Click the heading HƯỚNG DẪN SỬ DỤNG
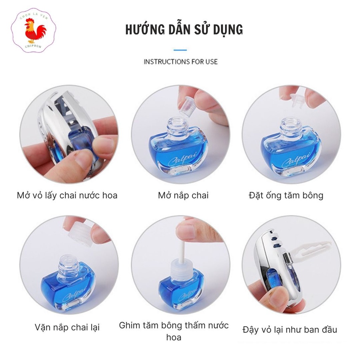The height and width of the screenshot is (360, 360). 184,30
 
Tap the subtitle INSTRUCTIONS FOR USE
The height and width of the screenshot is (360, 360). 180,62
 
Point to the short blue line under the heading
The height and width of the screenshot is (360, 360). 180,50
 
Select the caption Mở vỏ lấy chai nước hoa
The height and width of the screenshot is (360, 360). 67,195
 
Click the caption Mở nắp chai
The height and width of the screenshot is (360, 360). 183,195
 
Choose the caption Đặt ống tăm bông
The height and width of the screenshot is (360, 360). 285,195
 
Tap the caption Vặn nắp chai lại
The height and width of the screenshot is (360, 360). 67,327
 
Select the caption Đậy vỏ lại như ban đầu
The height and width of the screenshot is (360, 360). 290,330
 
